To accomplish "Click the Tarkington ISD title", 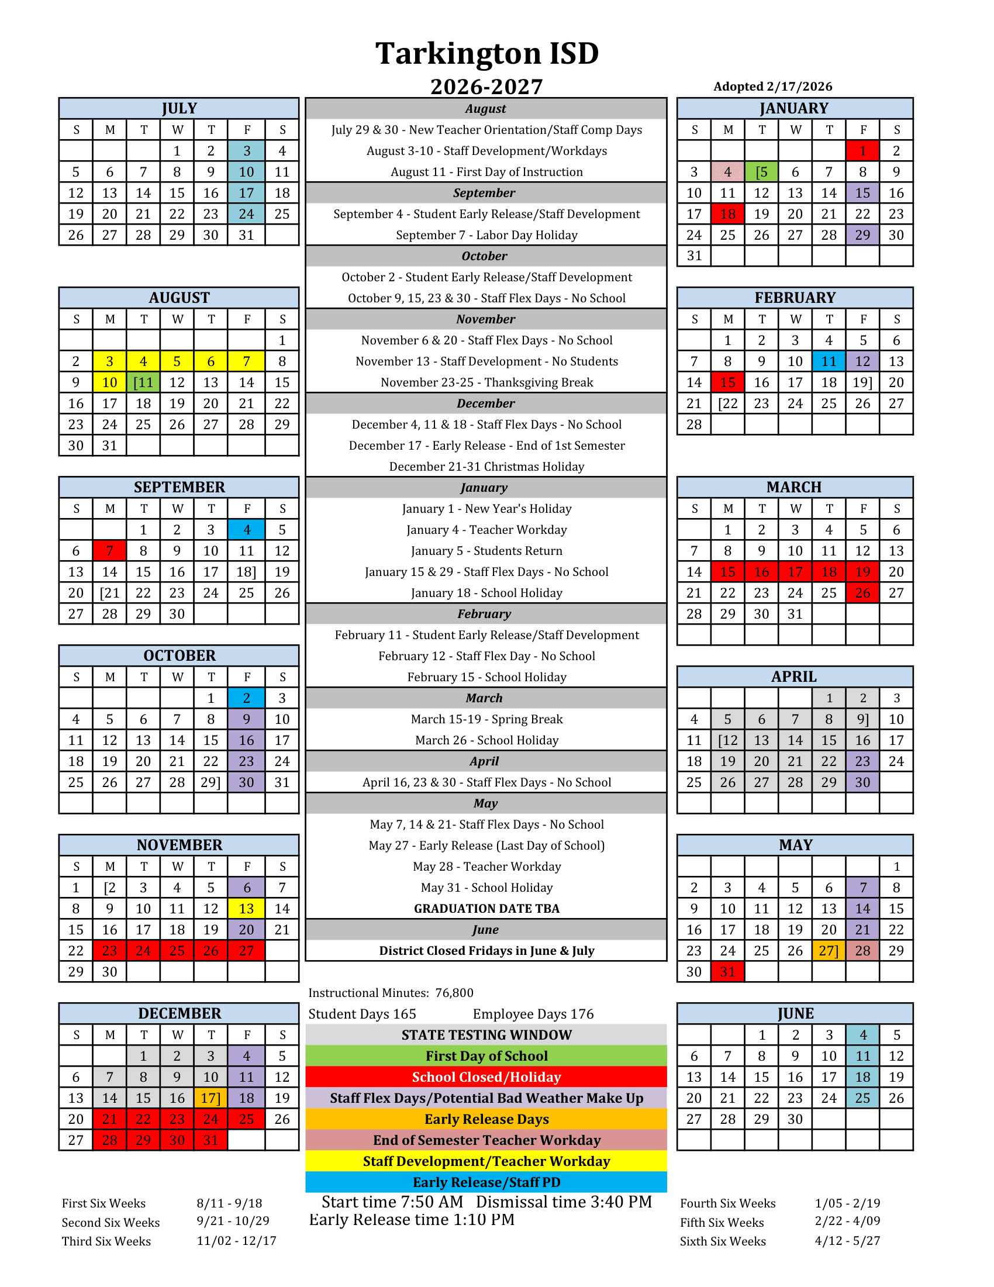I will [486, 54].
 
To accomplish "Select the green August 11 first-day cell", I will [143, 382].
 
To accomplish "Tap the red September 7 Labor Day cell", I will [109, 551].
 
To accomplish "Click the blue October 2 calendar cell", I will [246, 698].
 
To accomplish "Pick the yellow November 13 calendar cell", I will [246, 909].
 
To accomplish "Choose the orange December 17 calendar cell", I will [210, 1098].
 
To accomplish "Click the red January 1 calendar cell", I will [862, 151].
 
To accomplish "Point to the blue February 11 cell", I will [829, 361].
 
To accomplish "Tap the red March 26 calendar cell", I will [862, 593].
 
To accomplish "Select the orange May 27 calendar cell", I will [829, 951].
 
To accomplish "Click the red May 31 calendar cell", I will [727, 972].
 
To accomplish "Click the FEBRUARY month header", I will [795, 298].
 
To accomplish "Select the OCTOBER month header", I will [179, 655].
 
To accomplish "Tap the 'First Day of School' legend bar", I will [486, 1056].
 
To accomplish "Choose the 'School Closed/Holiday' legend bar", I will [486, 1077].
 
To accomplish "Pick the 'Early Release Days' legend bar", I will [486, 1119].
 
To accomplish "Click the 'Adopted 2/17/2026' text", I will [772, 87].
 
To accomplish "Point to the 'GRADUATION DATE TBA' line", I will [486, 909].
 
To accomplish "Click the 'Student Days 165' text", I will [363, 1014].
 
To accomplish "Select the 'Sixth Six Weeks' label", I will [722, 1241].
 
